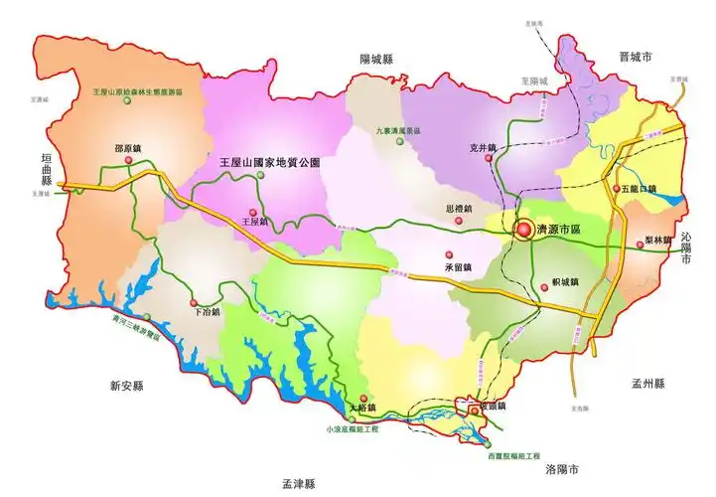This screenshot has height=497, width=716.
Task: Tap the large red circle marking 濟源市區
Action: [523, 230]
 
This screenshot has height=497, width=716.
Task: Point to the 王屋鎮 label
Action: [255, 224]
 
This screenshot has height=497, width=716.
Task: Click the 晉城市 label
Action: [634, 60]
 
